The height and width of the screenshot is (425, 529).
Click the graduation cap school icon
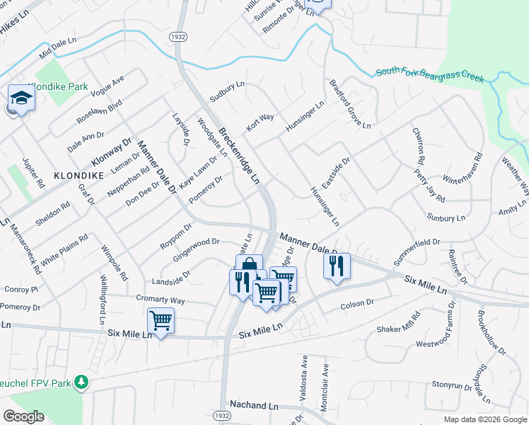click(x=21, y=98)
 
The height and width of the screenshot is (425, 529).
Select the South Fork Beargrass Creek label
click(x=430, y=74)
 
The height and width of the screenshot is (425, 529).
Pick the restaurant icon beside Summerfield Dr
click(x=336, y=266)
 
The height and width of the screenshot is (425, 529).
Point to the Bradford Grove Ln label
click(x=349, y=104)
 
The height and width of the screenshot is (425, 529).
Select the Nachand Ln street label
click(x=254, y=407)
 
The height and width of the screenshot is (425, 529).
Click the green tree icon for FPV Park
click(x=82, y=382)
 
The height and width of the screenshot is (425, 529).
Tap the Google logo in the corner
click(x=23, y=416)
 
